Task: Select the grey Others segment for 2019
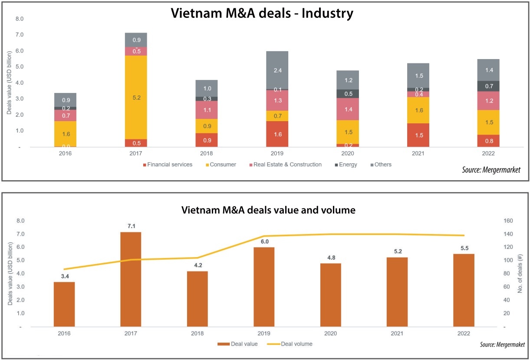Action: (x=277, y=70)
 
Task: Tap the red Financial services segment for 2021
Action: (x=418, y=135)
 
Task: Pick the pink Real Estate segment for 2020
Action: (x=348, y=109)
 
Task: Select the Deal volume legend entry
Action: (x=296, y=344)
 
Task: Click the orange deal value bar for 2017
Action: (x=131, y=279)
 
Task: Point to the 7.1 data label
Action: (x=131, y=226)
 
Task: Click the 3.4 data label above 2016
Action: (x=64, y=276)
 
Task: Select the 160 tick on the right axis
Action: (x=508, y=221)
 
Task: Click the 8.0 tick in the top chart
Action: (x=19, y=19)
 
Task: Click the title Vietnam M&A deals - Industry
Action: (x=262, y=13)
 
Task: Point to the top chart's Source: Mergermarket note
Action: (x=491, y=170)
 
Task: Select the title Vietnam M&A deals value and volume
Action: (x=268, y=210)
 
